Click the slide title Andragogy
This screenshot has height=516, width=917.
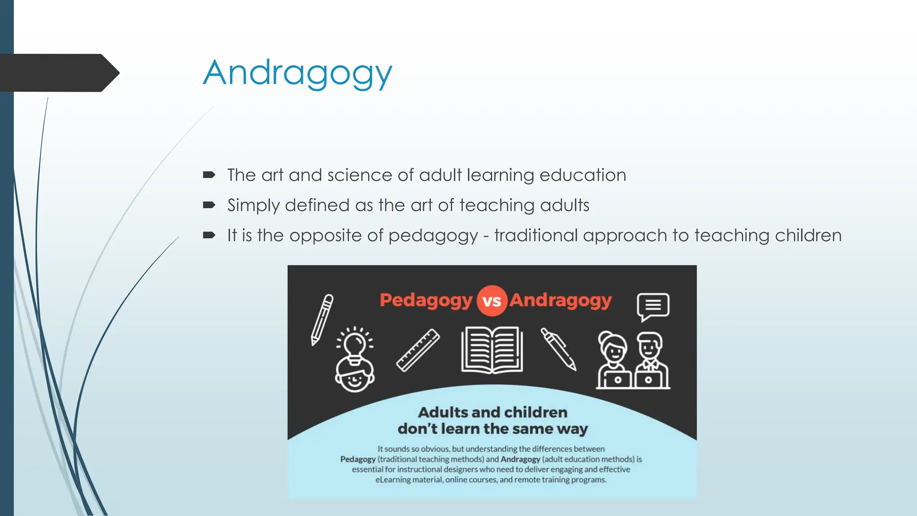coord(298,73)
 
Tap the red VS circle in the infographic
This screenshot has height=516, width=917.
coord(491,301)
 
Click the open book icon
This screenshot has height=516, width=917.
coord(492,350)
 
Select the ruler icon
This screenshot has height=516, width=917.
coord(418,350)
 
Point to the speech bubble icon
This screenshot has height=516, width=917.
coord(653,306)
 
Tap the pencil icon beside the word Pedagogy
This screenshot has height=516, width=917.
coord(322,319)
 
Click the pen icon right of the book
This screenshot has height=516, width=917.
coord(558,349)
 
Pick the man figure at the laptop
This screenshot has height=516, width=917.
coord(650,360)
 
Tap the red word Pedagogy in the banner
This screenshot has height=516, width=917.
coord(426,301)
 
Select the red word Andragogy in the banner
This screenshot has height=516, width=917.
coord(561,301)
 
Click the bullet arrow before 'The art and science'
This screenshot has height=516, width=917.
coord(209,175)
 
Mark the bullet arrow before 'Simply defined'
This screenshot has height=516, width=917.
coord(209,205)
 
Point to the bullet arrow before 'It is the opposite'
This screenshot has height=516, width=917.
coord(209,235)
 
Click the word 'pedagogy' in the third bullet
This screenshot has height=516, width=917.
coord(433,236)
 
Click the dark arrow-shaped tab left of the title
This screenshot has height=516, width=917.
coord(58,73)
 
